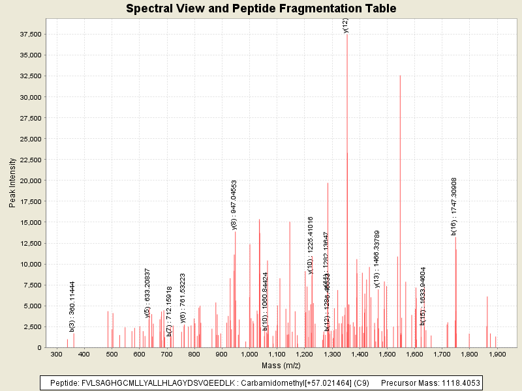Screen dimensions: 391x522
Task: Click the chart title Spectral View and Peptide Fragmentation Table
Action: (x=261, y=8)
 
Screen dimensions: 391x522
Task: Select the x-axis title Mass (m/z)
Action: (x=280, y=366)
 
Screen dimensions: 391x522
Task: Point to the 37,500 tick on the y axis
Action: (x=31, y=34)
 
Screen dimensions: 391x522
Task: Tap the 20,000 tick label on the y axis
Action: (x=31, y=181)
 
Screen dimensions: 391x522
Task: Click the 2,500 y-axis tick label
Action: (x=33, y=326)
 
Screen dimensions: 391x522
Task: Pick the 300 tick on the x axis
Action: (x=57, y=355)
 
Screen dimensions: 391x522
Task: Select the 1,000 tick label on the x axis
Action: (x=249, y=355)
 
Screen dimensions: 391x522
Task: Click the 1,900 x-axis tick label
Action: (x=497, y=355)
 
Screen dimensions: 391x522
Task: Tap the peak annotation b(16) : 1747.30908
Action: (x=454, y=205)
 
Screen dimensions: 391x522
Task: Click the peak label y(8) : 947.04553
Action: (x=234, y=204)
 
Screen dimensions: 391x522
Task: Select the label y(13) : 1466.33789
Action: (x=377, y=258)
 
